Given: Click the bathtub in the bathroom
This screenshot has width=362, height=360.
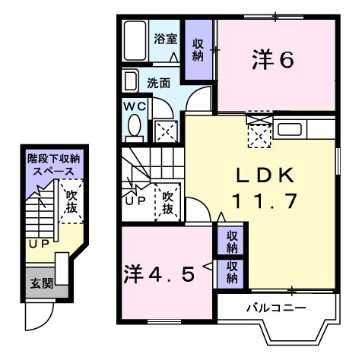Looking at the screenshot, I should coord(135,43).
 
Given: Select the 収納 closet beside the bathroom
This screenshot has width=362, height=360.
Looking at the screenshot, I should coord(198,50).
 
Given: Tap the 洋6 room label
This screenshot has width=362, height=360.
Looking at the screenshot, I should coord(273,60).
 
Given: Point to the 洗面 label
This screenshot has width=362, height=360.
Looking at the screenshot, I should coord(158,82).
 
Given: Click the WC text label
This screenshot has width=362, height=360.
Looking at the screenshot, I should coord(134,106).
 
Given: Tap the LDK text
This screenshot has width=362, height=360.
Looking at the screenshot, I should coord(264,176).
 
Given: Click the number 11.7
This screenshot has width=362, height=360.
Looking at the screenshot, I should coord(264,202).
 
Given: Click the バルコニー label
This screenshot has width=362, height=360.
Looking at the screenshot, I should coord(275,308).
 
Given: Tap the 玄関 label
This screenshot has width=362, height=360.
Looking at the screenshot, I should coord(40,284).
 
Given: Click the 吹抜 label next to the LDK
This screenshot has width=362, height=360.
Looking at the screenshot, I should coord(169,201).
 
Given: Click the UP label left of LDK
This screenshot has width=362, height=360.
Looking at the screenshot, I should coord(135,201).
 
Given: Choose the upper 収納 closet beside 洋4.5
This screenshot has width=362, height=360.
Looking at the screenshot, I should coord(232,242).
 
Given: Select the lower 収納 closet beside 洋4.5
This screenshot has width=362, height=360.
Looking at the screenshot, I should coord(232,271).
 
